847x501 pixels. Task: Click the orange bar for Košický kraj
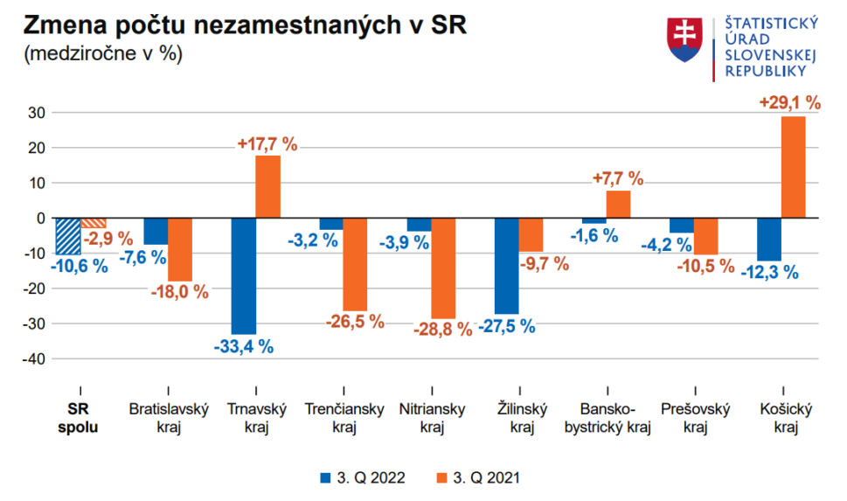coord(793,167)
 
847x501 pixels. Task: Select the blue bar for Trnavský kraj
coord(243,275)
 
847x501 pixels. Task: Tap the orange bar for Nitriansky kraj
coord(443,268)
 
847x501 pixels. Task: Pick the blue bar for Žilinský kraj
coord(506,265)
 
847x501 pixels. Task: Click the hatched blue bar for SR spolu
coord(67,236)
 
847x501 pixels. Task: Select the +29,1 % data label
coord(789,103)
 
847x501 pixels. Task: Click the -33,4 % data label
coord(244,347)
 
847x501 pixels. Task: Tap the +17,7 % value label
coord(268,143)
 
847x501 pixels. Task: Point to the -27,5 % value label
coord(506,326)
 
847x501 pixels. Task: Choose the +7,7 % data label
coord(617,178)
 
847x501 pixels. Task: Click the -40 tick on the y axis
coord(32,359)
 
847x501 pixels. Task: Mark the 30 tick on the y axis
coord(36,113)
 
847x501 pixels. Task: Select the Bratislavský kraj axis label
coord(169,418)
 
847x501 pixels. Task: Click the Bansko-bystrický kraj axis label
coord(608,418)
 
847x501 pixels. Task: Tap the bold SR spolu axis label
coord(80,418)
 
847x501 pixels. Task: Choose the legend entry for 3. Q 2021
coord(482,477)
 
